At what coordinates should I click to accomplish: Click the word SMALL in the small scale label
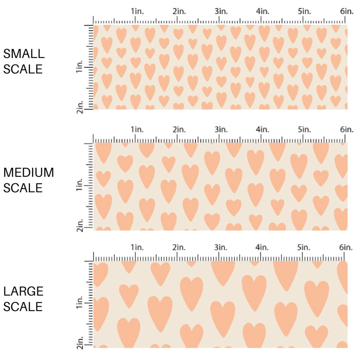coord(24,54)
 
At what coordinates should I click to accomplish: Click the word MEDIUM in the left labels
coord(28,172)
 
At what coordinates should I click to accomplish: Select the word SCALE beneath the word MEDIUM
coord(23,188)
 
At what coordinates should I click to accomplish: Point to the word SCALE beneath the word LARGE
coord(23,306)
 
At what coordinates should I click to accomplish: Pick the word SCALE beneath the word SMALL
coord(23,69)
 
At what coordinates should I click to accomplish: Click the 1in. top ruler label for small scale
coord(137,12)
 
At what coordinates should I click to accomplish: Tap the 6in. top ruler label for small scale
coord(346,12)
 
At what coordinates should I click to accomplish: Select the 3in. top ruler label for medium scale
coord(221,129)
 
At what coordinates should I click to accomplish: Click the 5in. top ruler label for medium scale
coord(304,129)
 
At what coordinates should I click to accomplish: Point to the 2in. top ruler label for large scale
coord(179,247)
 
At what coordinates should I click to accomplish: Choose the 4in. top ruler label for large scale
coord(262,247)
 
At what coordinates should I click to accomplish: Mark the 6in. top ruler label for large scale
coord(346,247)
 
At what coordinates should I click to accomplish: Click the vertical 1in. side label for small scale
coord(80,67)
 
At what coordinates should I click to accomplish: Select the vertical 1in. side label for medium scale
coord(80,186)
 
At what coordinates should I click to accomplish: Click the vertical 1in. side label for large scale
coord(80,304)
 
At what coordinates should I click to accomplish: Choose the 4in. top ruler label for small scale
coord(262,12)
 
